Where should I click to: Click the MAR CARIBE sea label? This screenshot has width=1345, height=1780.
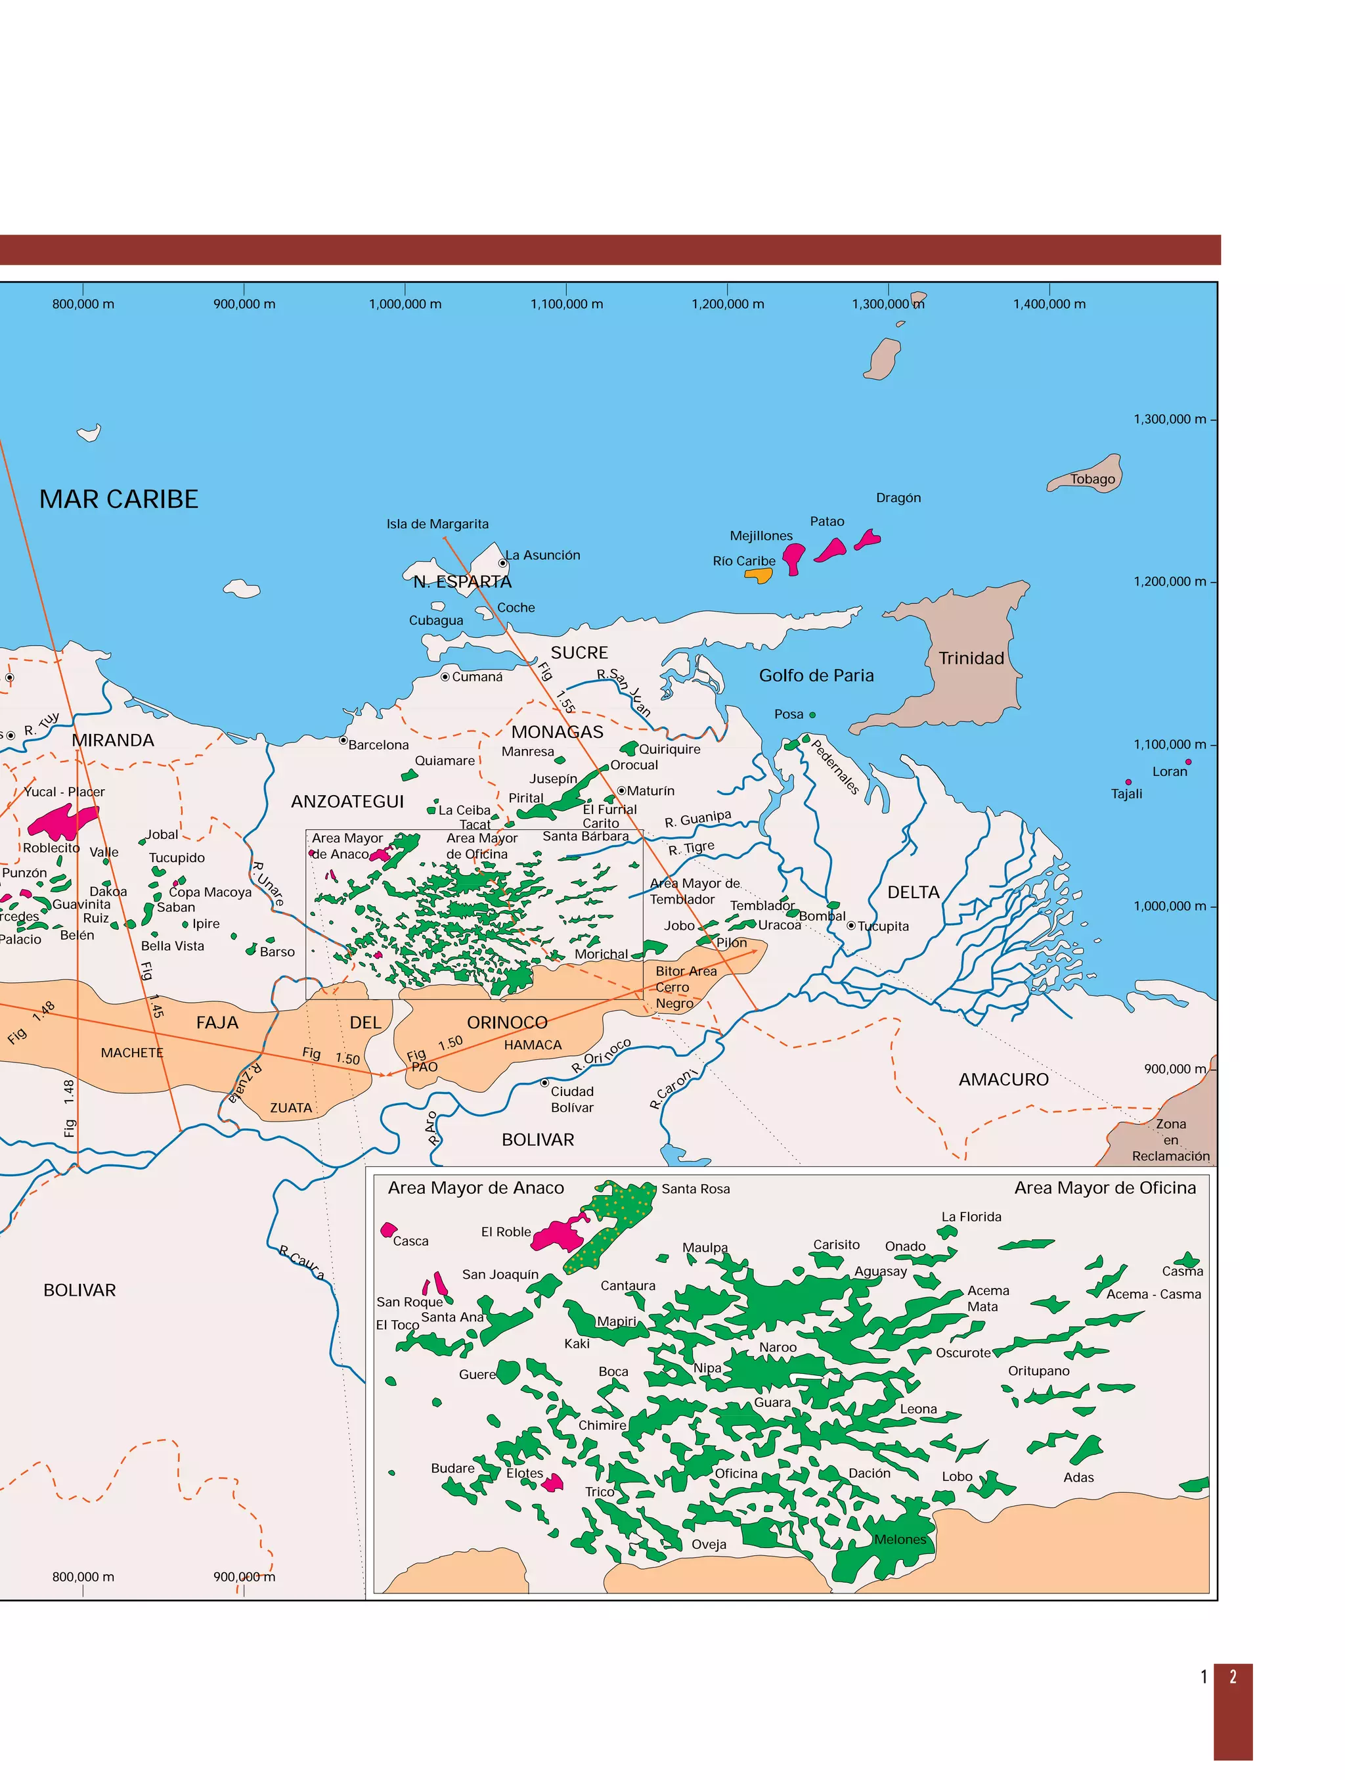118,499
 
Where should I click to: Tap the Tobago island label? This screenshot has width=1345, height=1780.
1091,479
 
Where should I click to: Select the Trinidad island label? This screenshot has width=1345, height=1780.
971,658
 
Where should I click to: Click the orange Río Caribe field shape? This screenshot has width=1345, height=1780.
759,576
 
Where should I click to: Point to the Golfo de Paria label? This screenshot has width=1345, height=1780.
816,675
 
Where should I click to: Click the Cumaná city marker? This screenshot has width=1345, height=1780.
445,677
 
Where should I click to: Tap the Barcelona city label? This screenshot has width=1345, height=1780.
378,745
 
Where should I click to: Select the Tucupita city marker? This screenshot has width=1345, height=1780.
851,925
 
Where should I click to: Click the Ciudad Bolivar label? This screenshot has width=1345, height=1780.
572,1099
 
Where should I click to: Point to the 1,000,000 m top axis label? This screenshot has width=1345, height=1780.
405,304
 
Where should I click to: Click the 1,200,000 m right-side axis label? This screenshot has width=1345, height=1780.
1170,581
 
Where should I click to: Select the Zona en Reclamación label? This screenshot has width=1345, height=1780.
1170,1139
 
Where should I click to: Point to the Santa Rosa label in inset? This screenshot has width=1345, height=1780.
696,1189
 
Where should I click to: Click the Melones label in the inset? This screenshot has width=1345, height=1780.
900,1540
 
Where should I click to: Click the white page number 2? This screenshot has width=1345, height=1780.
1233,1677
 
